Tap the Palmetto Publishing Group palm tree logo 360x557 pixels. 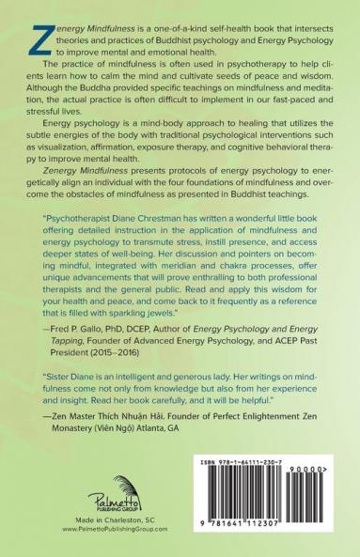[x=105, y=505]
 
